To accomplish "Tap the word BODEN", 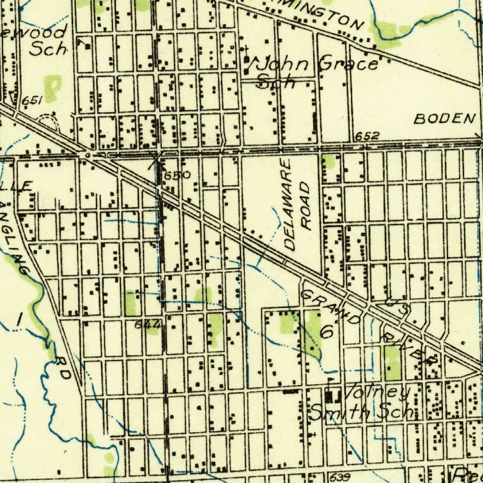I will (x=444, y=119).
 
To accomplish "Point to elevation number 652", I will (x=367, y=136).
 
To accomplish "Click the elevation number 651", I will (x=33, y=100).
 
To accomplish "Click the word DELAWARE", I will (x=289, y=205).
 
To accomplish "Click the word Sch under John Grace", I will (x=276, y=82).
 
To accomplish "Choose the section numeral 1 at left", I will (x=19, y=320).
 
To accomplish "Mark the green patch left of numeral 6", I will (x=287, y=324).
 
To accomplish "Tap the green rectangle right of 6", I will (x=392, y=363).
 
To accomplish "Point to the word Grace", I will (x=349, y=64).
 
